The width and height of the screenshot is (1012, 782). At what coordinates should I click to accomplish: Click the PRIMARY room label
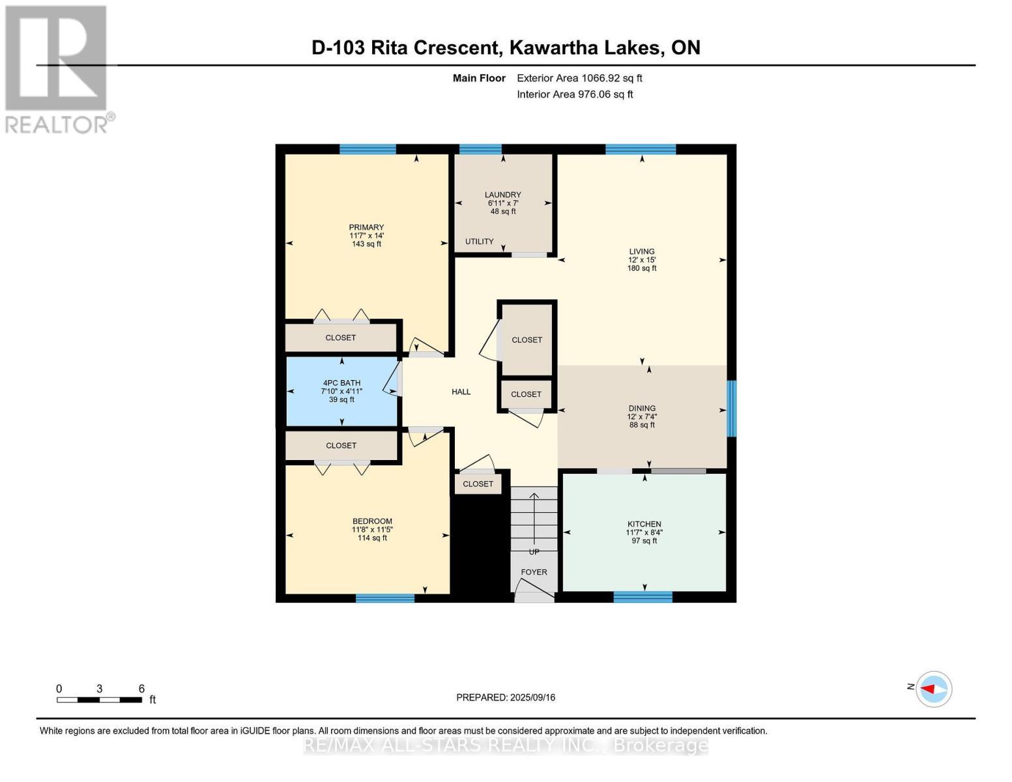click(366, 227)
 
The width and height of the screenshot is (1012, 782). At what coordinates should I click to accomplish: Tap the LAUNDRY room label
click(502, 194)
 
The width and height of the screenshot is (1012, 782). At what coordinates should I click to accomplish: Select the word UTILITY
click(479, 242)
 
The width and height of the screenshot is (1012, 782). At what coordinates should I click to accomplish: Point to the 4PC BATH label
click(341, 383)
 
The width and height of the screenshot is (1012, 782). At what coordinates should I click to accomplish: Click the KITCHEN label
click(644, 524)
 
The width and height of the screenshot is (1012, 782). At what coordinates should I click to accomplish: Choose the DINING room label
click(642, 409)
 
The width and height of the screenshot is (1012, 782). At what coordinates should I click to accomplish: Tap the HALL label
click(461, 392)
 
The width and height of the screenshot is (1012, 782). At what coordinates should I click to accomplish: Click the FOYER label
click(534, 572)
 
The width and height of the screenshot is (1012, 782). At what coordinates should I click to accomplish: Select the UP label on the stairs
click(534, 551)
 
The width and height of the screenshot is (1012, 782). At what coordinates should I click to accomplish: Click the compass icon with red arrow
click(934, 689)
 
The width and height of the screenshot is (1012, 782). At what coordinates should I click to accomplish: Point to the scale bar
click(99, 700)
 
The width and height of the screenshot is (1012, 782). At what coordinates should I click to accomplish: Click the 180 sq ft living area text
click(642, 268)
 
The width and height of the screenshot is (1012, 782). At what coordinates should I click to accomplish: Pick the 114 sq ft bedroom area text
click(372, 538)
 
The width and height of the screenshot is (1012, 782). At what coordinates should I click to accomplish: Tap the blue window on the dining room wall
click(732, 409)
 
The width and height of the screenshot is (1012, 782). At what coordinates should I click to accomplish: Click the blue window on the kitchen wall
click(643, 596)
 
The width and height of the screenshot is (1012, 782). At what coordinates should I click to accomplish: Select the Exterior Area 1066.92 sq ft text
click(579, 78)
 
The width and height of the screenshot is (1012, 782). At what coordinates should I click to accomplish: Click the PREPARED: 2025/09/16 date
click(506, 697)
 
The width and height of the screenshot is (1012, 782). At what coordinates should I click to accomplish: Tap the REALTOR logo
click(57, 68)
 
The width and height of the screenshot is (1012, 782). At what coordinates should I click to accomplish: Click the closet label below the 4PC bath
click(341, 446)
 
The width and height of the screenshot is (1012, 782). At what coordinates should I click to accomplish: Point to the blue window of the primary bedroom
click(368, 149)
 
